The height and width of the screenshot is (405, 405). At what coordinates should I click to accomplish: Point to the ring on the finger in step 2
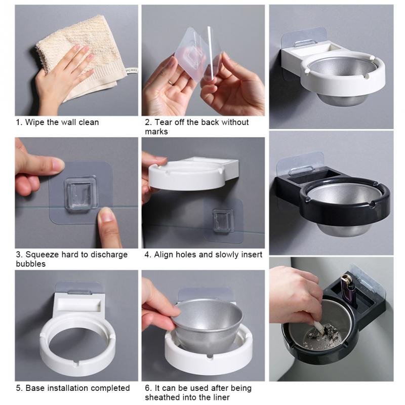171,83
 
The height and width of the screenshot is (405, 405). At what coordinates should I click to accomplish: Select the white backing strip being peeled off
211,53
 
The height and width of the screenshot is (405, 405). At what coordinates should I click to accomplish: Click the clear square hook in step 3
80,193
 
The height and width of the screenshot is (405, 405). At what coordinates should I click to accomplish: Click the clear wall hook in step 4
223,220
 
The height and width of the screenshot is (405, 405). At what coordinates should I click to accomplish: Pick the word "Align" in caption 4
163,255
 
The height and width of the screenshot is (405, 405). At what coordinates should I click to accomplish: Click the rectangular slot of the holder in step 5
79,305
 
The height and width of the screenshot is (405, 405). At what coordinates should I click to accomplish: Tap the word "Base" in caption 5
35,388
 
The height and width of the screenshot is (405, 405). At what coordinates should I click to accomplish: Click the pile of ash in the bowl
323,336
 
